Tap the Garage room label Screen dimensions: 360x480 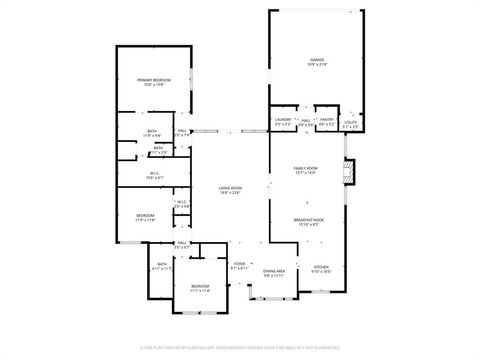click(x=316, y=62)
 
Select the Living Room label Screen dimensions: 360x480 click(x=230, y=190)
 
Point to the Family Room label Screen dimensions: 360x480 click(x=306, y=170)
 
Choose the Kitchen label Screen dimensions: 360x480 click(x=321, y=269)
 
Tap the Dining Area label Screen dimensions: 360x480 click(x=274, y=272)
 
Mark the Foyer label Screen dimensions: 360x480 click(x=239, y=267)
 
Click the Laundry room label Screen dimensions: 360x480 click(x=283, y=123)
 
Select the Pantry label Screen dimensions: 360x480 click(x=327, y=123)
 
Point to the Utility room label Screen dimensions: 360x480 click(x=350, y=126)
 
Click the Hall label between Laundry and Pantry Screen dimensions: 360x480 click(x=305, y=123)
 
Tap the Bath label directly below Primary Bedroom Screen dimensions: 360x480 click(x=153, y=132)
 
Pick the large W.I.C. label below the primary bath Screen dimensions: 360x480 click(x=143, y=176)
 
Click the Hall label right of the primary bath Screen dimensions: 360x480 click(x=183, y=132)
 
